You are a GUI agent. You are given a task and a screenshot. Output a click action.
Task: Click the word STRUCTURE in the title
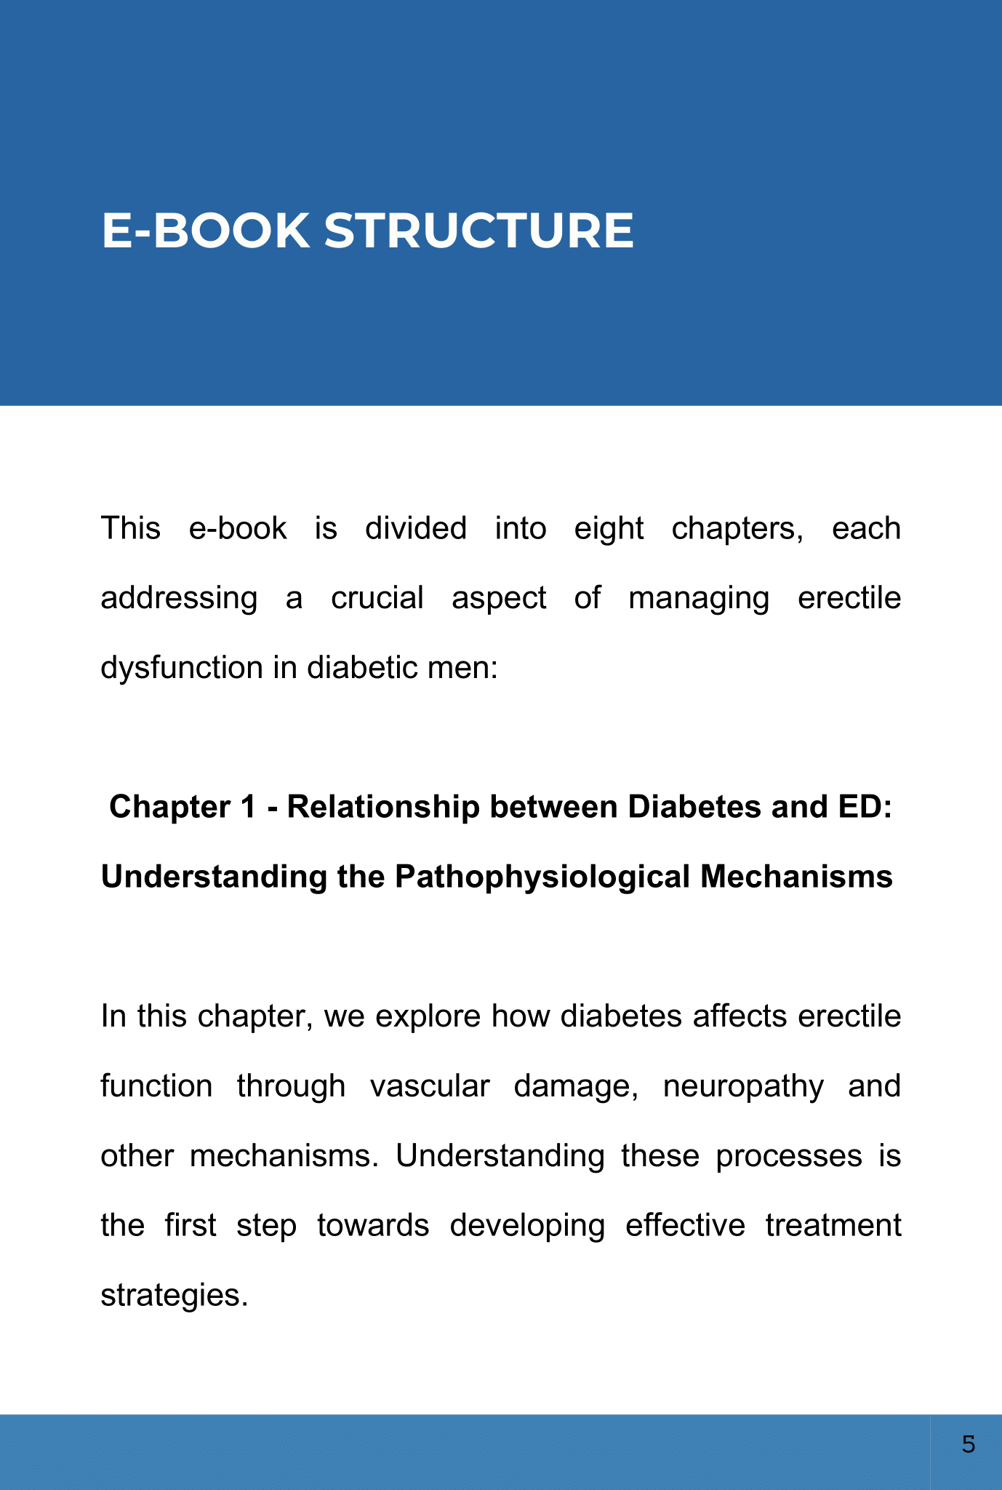[x=478, y=231]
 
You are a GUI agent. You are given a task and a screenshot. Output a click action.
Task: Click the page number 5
[x=968, y=1444]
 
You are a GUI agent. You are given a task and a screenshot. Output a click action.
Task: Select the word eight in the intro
[x=609, y=529]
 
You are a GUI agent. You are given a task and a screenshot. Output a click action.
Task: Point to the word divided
[x=415, y=529]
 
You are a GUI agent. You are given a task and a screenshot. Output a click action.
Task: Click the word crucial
[x=377, y=599]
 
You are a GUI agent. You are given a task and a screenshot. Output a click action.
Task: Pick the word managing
[x=698, y=599]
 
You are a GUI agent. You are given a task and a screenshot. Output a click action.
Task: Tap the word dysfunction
[x=181, y=668]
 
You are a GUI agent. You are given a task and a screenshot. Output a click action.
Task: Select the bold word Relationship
[x=383, y=808]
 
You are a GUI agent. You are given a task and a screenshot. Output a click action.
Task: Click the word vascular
[x=430, y=1086]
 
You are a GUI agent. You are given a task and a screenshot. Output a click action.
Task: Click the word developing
[x=527, y=1226]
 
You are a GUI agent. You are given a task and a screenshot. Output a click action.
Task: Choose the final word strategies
[x=174, y=1296]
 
